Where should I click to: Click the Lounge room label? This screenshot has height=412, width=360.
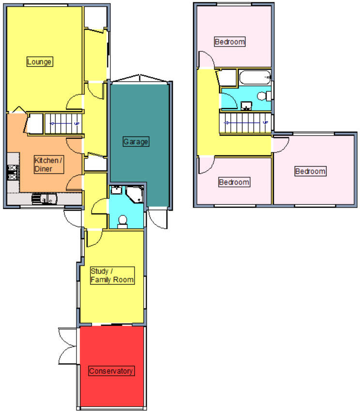coord(39,62)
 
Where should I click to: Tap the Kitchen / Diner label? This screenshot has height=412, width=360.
coord(48,165)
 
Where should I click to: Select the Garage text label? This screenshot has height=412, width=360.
coord(135,142)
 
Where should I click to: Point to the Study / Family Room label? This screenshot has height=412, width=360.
coord(112,275)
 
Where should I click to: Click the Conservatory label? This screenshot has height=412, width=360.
coord(111,371)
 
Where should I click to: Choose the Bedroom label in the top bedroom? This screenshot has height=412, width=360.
coord(229,42)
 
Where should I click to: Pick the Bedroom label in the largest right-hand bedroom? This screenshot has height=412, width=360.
coord(310,171)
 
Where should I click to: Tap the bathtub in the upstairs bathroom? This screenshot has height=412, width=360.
coord(254,77)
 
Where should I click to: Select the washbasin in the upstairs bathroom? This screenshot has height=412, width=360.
coord(247,106)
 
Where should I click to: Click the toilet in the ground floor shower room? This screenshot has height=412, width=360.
coord(122,221)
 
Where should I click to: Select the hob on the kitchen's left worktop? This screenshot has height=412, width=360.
coord(12,172)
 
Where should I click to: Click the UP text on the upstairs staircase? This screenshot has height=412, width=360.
coord(265,123)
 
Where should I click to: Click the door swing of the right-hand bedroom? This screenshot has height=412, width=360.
coord(281,144)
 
